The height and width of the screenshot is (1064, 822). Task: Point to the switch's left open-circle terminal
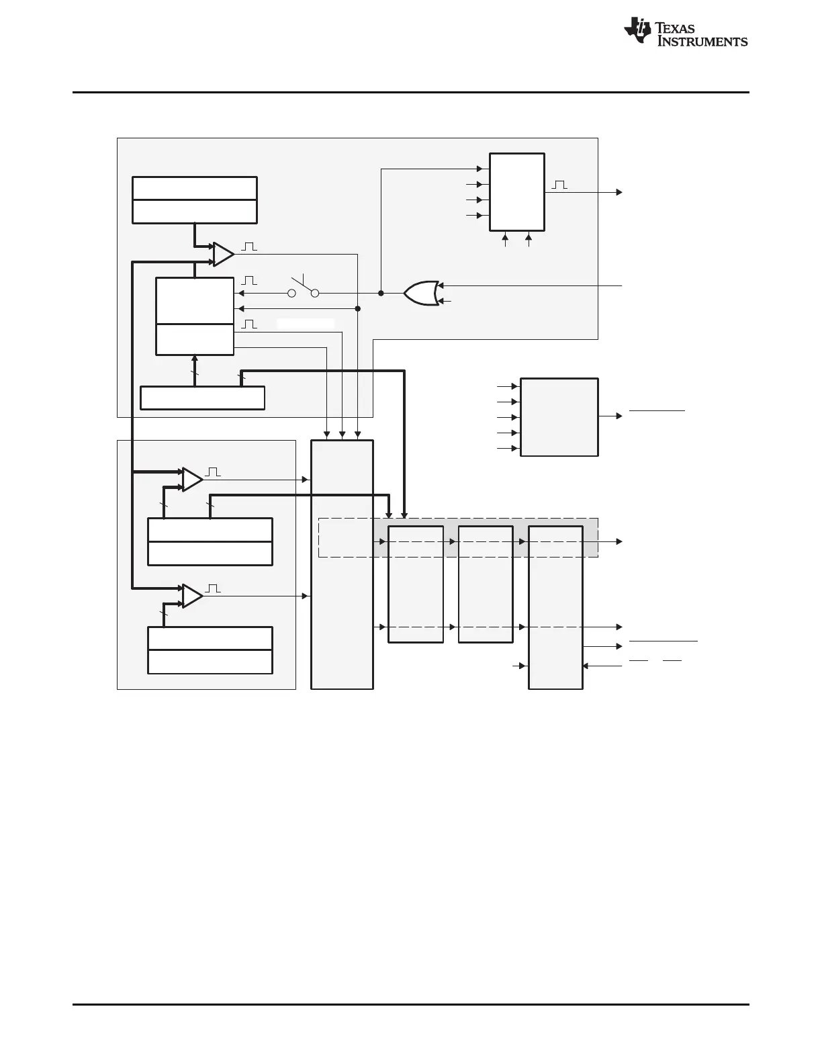pos(291,293)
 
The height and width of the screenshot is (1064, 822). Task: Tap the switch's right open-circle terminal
pos(314,293)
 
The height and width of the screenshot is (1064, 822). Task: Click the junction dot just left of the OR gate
pos(381,293)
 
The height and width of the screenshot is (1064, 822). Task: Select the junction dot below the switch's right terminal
pos(358,308)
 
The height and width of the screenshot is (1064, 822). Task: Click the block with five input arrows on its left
pos(559,416)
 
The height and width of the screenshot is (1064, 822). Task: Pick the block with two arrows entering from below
pos(516,191)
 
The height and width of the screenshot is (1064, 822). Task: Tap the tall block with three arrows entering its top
pos(342,564)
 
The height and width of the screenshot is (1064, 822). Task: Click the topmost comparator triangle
pos(223,254)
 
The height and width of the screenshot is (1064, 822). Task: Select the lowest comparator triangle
pos(192,596)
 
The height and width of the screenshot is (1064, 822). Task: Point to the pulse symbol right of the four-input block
pos(559,185)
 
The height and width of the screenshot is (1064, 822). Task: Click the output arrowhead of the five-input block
pos(619,416)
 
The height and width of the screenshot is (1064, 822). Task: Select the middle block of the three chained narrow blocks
pos(485,584)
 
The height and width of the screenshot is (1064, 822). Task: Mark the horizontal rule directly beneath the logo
pos(410,93)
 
